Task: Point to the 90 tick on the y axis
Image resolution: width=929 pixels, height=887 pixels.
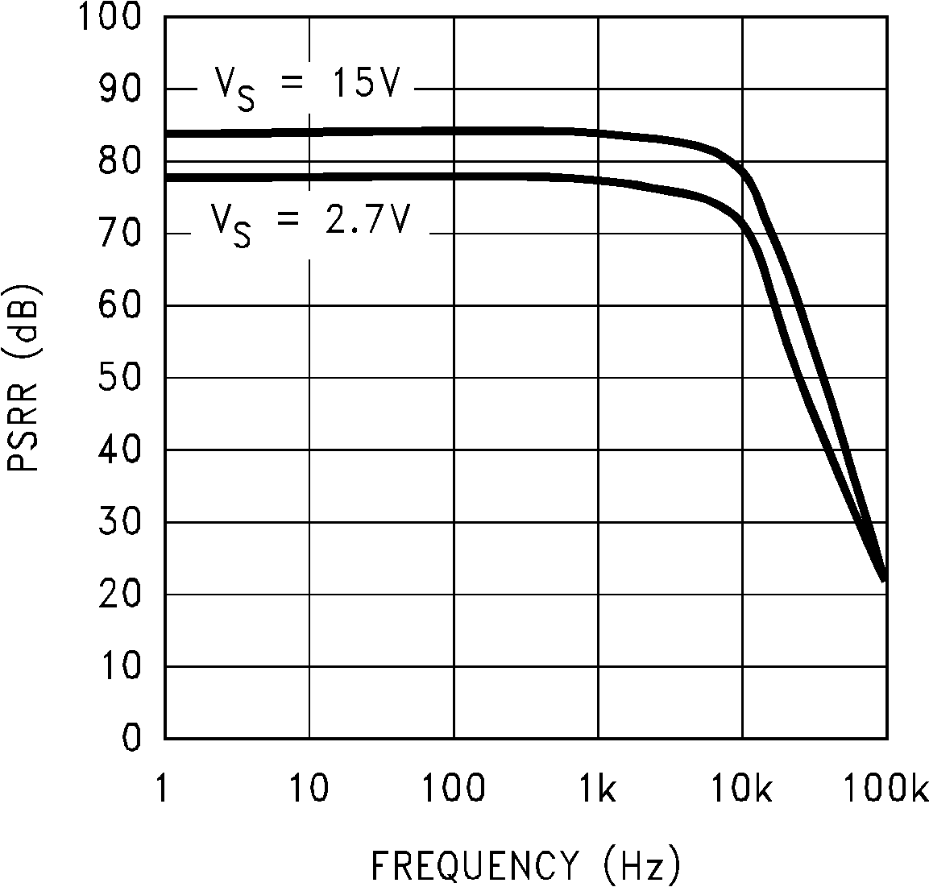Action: [120, 89]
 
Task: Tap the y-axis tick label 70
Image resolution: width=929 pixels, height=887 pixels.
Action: [120, 234]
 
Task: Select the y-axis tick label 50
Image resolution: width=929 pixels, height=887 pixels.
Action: [120, 378]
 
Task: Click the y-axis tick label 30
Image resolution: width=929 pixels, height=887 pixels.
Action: [120, 522]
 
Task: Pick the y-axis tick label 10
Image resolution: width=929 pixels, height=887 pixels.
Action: [120, 666]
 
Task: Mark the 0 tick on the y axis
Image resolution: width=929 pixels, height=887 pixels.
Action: [131, 738]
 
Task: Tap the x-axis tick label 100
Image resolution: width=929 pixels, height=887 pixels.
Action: [454, 790]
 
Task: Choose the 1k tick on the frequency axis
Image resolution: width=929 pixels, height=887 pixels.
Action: [598, 790]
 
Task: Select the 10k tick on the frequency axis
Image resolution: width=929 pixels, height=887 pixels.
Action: [742, 790]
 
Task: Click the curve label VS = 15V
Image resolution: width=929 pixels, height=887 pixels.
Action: [306, 87]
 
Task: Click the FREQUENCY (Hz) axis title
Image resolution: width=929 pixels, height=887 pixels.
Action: [525, 864]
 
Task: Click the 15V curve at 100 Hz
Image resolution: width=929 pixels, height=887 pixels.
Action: [454, 131]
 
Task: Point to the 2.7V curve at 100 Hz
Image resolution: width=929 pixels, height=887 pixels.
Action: [454, 176]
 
